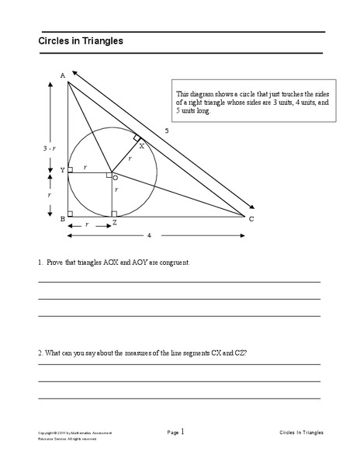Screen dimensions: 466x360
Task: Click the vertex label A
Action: coord(62,75)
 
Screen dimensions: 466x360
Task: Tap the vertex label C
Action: coord(251,221)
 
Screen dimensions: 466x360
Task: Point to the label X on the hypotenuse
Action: coord(141,145)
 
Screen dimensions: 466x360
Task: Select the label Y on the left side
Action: coord(61,169)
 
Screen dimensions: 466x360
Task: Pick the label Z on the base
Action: coord(114,222)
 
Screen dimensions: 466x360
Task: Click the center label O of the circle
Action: coord(116,177)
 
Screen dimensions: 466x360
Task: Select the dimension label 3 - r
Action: coord(48,146)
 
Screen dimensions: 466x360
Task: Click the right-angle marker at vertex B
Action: coord(71,213)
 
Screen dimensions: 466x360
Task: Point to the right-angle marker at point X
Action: coord(137,137)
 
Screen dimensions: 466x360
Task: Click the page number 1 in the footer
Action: coord(182,430)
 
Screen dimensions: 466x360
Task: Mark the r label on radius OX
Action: coord(130,158)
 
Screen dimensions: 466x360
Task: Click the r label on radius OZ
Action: coord(117,190)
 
